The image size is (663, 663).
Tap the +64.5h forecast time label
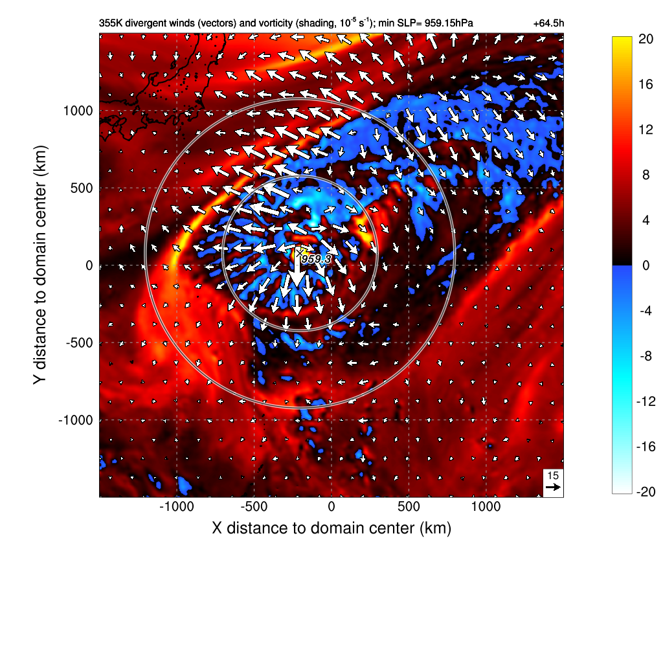[x=548, y=23]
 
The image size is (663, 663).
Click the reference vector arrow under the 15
[x=552, y=487]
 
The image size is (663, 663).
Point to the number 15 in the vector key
[x=553, y=475]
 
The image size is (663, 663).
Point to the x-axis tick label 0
[x=331, y=506]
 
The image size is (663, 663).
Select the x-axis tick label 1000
[x=486, y=506]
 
